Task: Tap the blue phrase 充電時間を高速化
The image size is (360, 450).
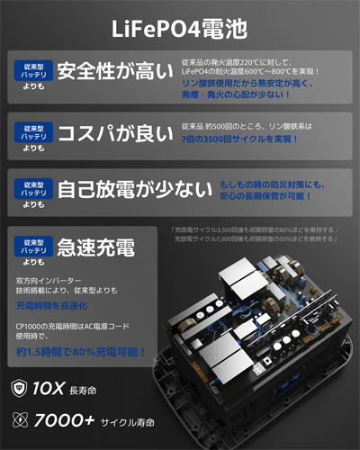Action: coord(53,306)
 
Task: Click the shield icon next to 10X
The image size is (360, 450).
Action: coord(18,388)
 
